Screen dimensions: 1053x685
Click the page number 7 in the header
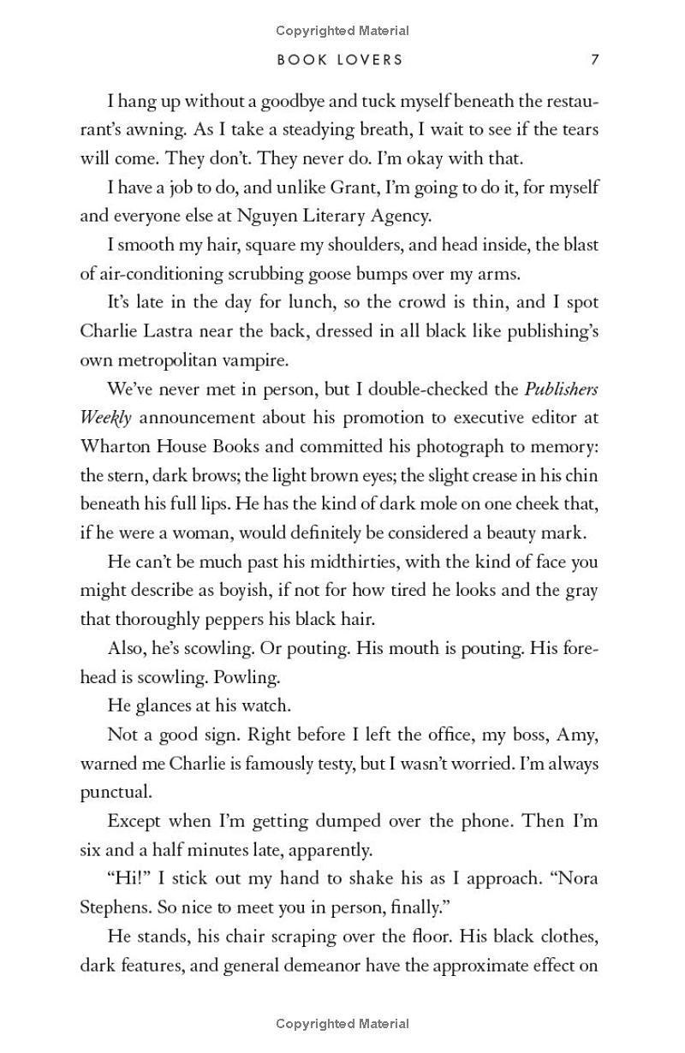pyautogui.click(x=594, y=60)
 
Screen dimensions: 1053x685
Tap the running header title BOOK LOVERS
pyautogui.click(x=340, y=60)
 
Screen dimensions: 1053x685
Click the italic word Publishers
pyautogui.click(x=561, y=390)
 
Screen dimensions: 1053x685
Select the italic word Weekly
pyautogui.click(x=106, y=419)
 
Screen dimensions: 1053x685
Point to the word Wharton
pyautogui.click(x=116, y=447)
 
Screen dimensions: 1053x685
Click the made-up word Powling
pyautogui.click(x=246, y=677)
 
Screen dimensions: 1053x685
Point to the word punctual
pyautogui.click(x=115, y=793)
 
